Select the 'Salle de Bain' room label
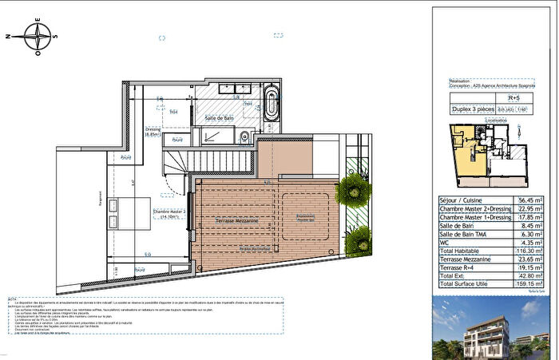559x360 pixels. pos(219,117)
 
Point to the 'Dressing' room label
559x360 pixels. pos(153,130)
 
